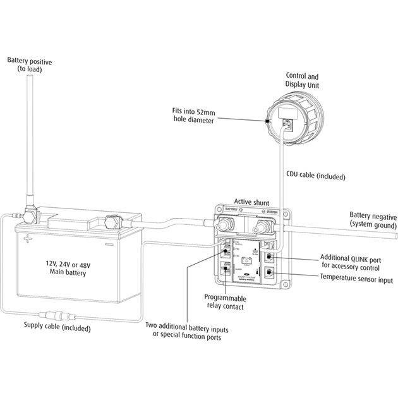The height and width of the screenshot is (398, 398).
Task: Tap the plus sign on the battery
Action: click(28, 239)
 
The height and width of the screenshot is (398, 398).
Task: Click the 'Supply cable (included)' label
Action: click(57, 328)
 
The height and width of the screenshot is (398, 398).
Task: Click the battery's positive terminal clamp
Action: click(29, 215)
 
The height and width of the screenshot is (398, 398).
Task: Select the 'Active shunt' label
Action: click(251, 202)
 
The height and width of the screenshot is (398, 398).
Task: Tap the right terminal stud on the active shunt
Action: click(260, 224)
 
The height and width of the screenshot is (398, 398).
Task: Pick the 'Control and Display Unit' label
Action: click(303, 79)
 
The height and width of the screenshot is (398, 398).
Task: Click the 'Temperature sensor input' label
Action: click(356, 278)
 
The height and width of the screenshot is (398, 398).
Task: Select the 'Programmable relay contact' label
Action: click(224, 301)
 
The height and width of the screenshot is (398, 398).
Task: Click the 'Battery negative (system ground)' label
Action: click(373, 220)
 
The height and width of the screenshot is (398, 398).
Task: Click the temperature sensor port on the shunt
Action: click(269, 273)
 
